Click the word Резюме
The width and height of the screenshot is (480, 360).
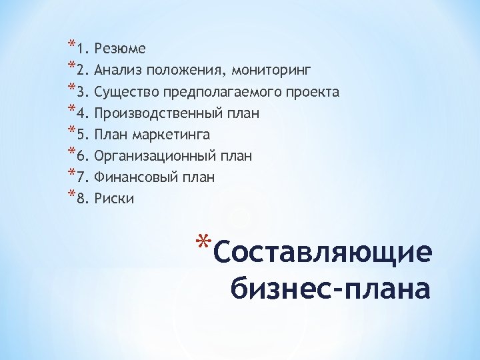pyautogui.click(x=120, y=49)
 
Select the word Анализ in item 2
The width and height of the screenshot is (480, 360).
pyautogui.click(x=116, y=70)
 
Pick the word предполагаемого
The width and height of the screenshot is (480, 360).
pyautogui.click(x=224, y=92)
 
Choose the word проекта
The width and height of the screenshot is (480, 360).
pyautogui.click(x=316, y=92)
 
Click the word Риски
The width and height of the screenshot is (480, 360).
pyautogui.click(x=114, y=199)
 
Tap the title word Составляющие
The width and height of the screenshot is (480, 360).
pyautogui.click(x=324, y=253)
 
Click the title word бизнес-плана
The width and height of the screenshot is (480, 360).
pyautogui.click(x=330, y=289)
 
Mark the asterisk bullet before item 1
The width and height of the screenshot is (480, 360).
pyautogui.click(x=71, y=45)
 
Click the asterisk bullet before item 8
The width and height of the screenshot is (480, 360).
pyautogui.click(x=71, y=195)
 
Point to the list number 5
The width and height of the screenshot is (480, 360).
pyautogui.click(x=81, y=135)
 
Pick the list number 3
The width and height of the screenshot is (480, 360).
pyautogui.click(x=81, y=92)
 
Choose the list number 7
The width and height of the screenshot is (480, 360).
pyautogui.click(x=81, y=177)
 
